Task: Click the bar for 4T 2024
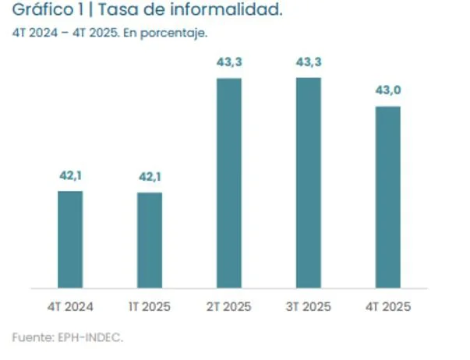(70, 239)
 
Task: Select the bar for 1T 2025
(150, 240)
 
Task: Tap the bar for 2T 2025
(229, 183)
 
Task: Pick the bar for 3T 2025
(309, 183)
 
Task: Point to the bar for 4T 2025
(387, 197)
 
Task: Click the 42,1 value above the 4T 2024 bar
(70, 176)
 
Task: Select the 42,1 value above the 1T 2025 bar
(150, 178)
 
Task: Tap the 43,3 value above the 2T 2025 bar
(229, 63)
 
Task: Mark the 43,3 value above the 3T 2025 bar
(309, 63)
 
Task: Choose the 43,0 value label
(387, 91)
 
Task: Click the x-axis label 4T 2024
(70, 306)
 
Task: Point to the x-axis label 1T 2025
(150, 306)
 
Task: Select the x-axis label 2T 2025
(229, 306)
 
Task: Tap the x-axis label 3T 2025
(309, 306)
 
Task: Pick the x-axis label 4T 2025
(387, 306)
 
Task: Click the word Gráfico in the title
(41, 12)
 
